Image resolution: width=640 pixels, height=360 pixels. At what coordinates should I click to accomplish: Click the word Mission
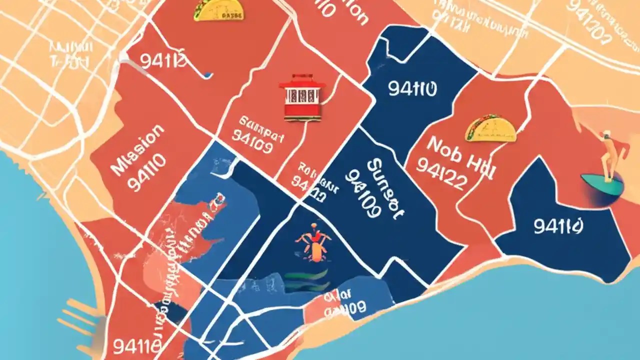pyautogui.click(x=137, y=149)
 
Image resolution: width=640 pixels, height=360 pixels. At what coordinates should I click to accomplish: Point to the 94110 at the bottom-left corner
pyautogui.click(x=136, y=346)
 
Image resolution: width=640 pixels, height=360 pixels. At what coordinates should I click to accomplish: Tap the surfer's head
pyautogui.click(x=607, y=134)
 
